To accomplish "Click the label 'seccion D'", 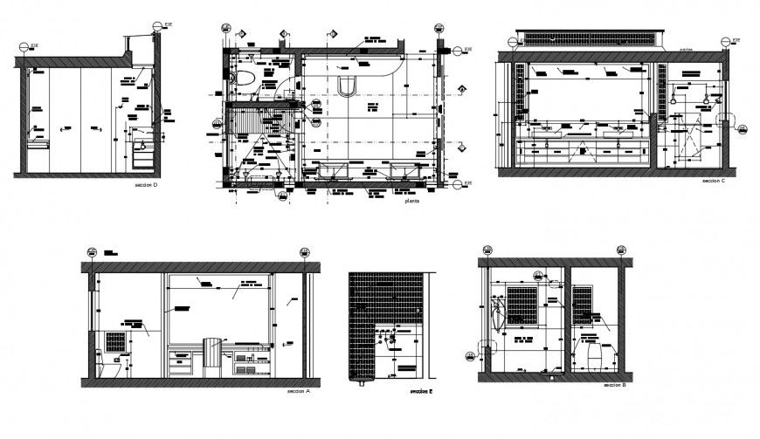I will pos(146,185).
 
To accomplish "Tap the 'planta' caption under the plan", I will pos(412,202).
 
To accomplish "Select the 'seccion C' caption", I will pos(714,181).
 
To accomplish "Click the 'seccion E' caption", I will pos(422,393).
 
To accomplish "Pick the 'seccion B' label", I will pos(614,385).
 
